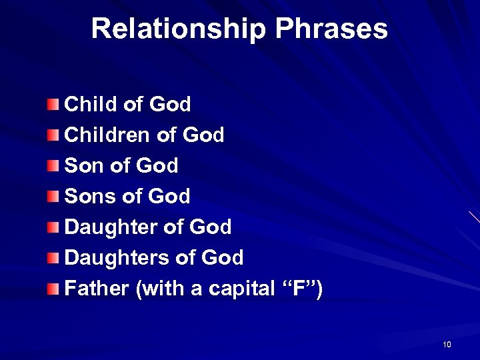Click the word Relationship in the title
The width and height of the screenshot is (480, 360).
point(178,29)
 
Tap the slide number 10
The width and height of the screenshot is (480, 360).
point(446,345)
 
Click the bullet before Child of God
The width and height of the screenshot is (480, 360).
point(53,104)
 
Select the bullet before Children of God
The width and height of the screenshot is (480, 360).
point(53,135)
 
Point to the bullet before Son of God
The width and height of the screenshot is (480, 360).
point(53,165)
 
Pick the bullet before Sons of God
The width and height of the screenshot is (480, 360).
point(53,196)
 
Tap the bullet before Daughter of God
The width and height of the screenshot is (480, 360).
point(53,227)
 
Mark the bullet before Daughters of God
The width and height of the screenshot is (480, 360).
point(53,257)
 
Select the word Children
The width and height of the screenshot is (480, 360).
point(106,135)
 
